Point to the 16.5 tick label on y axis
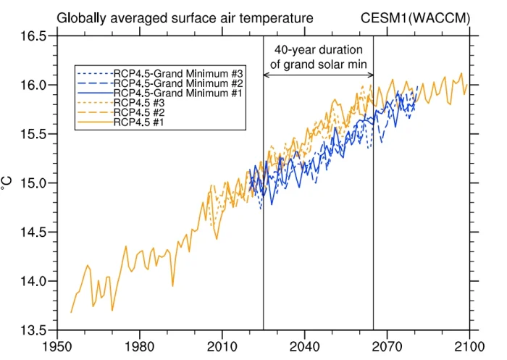32,36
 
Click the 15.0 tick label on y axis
32,183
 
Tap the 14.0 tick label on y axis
32,282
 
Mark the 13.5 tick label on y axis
32,331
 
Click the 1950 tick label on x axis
56,346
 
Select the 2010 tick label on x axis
222,346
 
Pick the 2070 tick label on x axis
387,346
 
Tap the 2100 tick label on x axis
469,346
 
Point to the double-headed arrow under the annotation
318,76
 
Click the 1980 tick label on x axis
139,346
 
